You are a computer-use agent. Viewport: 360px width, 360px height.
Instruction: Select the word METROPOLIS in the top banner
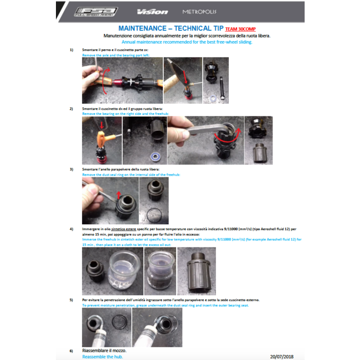[200, 12]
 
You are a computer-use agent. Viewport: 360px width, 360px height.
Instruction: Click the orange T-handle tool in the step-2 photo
[102, 127]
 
